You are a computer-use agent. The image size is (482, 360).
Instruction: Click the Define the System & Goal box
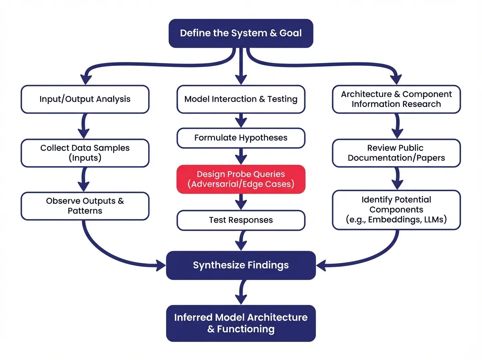[x=241, y=33]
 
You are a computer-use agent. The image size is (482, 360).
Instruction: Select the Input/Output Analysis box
[x=85, y=99]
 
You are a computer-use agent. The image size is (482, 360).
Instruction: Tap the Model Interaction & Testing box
[x=241, y=99]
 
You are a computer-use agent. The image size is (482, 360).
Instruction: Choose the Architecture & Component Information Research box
[x=396, y=99]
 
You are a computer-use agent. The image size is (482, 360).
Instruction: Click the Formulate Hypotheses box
[x=241, y=138]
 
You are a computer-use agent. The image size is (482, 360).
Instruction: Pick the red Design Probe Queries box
[x=241, y=179]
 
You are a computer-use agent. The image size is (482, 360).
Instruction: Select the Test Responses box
[x=241, y=221]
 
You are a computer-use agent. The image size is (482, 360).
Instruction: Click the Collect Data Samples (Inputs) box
[x=85, y=153]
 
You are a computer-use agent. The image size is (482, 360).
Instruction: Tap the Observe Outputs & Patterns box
[x=85, y=206]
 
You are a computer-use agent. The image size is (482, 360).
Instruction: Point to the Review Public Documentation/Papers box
[x=396, y=153]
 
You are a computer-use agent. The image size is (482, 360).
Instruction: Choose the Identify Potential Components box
[x=396, y=210]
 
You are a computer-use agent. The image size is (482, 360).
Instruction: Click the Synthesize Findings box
[x=241, y=265]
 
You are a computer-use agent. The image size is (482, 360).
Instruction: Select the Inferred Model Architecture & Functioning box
[x=241, y=323]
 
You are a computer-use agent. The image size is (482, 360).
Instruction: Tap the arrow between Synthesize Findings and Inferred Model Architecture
[x=241, y=292]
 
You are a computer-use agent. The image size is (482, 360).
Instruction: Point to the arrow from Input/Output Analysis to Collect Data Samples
[x=85, y=126]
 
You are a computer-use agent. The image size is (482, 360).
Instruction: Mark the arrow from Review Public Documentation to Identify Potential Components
[x=396, y=178]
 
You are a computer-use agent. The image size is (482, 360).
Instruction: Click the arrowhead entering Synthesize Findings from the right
[x=321, y=265]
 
